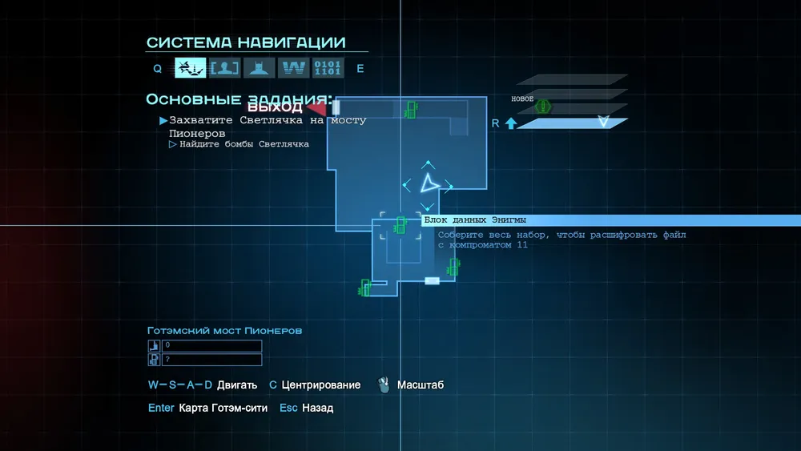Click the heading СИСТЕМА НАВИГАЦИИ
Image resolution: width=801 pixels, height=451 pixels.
246,42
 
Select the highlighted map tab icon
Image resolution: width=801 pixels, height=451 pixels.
191,68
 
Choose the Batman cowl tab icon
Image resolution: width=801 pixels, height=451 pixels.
259,68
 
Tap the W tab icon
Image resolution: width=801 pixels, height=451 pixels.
293,68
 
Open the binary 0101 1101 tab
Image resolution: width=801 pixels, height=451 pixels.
328,68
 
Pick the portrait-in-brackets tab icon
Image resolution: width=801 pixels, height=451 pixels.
225,68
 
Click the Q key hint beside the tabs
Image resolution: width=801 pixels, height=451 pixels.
158,69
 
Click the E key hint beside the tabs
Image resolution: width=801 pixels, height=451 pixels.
360,69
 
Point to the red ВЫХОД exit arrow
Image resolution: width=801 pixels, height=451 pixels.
317,107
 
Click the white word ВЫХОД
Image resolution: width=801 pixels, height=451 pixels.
275,107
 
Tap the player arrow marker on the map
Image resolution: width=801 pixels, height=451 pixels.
429,183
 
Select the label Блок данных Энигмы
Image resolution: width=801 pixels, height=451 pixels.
475,220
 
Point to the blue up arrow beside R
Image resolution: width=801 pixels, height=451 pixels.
510,123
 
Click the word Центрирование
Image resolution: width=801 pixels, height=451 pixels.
320,385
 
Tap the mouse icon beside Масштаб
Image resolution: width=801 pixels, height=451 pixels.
384,385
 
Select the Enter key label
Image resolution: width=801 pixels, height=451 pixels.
161,408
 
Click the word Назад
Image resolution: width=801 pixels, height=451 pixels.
317,408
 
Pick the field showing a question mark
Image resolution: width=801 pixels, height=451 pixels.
211,360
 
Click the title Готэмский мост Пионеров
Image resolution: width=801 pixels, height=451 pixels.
224,330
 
